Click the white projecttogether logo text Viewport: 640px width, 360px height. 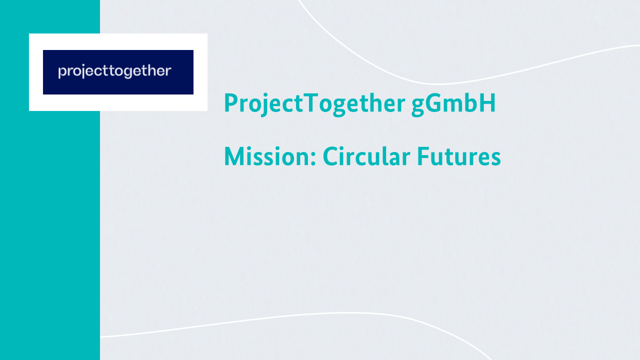pos(114,71)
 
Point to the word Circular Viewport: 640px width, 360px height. pos(366,156)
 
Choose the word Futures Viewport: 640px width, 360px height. pos(459,156)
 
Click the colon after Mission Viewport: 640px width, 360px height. pos(313,159)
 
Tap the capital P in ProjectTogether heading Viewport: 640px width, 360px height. pos(231,102)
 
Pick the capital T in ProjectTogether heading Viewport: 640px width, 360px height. pos(310,102)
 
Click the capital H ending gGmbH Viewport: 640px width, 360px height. pos(487,102)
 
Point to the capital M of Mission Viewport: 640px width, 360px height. pos(235,156)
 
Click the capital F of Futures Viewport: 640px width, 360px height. pos(423,156)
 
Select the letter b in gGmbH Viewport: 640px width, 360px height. pos(471,102)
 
